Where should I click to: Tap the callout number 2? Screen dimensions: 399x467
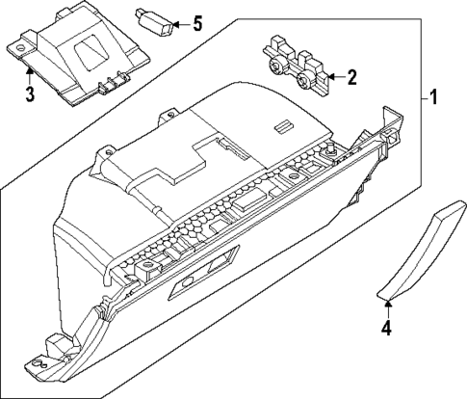tap(352, 75)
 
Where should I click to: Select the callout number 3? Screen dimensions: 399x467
tap(30, 93)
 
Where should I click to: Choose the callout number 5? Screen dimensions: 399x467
tap(197, 21)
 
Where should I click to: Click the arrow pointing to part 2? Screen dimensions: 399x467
tap(333, 75)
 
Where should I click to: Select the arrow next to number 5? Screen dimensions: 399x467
tap(180, 21)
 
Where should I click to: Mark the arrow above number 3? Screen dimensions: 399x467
tap(30, 75)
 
